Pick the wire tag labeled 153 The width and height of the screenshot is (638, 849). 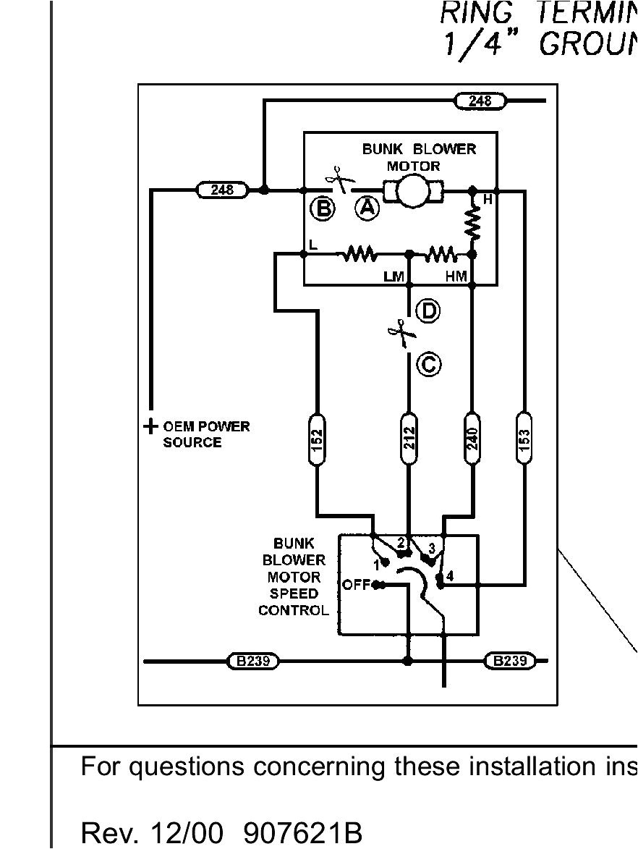pyautogui.click(x=525, y=438)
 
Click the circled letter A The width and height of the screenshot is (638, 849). pyautogui.click(x=367, y=208)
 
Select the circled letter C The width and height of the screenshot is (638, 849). pyautogui.click(x=429, y=364)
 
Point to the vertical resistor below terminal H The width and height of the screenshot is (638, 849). pyautogui.click(x=472, y=225)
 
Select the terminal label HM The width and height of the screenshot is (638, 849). pyautogui.click(x=456, y=276)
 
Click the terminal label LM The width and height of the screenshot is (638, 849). pyautogui.click(x=394, y=276)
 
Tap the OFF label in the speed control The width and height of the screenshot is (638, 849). pyautogui.click(x=356, y=585)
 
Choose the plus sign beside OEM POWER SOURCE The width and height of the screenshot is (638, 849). pyautogui.click(x=150, y=426)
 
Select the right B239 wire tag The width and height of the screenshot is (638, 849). pyautogui.click(x=510, y=661)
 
